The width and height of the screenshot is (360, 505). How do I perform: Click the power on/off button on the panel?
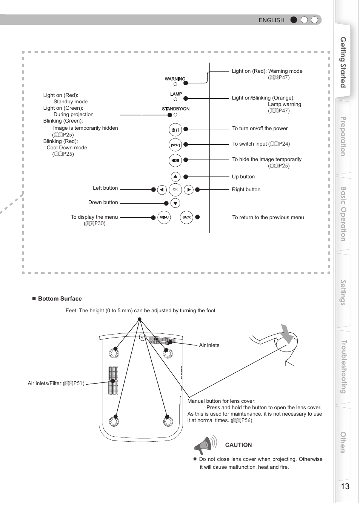pos(175,130)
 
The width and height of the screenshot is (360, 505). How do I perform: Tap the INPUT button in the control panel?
pos(175,145)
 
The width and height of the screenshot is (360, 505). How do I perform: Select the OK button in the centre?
pos(175,190)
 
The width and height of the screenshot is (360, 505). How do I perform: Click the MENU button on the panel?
pos(164,218)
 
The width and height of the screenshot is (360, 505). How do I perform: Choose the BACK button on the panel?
pos(186,218)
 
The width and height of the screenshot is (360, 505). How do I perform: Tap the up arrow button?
pos(175,177)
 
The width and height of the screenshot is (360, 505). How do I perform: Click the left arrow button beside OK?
pos(162,190)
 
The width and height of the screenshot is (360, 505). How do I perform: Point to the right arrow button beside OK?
pos(189,190)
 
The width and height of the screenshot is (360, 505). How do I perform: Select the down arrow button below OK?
pos(175,203)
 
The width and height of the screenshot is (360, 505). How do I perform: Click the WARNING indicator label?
pos(175,79)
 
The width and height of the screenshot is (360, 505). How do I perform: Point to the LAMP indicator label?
pos(176,94)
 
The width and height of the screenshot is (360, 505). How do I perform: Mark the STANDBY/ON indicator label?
pos(176,109)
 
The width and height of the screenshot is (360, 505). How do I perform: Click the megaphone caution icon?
pos(205,445)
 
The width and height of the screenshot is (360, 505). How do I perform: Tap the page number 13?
pos(345,486)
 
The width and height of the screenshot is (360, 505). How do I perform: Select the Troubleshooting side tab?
pos(343,367)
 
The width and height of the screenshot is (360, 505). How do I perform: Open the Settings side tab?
pos(343,292)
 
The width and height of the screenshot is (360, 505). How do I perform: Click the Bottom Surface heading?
pos(60,299)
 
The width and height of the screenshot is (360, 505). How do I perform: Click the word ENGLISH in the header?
pos(271,20)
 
